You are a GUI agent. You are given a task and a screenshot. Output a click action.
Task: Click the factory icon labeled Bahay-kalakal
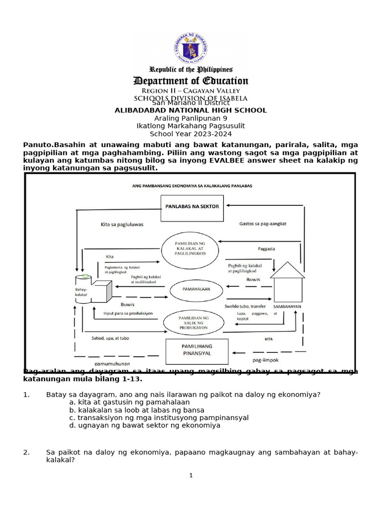click(x=95, y=289)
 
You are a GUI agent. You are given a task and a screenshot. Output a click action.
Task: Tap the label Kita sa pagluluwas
click(x=122, y=224)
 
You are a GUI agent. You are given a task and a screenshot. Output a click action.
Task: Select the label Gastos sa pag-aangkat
click(x=263, y=224)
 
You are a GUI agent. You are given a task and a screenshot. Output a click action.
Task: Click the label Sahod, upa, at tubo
click(x=110, y=338)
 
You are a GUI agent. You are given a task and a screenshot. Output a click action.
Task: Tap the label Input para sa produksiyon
click(x=128, y=313)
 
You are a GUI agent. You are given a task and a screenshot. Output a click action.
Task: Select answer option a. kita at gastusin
click(x=129, y=402)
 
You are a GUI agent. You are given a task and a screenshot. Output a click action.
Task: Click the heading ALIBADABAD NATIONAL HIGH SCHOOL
click(x=191, y=110)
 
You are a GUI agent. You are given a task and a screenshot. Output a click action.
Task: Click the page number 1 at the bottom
click(x=191, y=475)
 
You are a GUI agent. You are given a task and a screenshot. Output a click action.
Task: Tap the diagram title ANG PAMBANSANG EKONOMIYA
click(x=191, y=185)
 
